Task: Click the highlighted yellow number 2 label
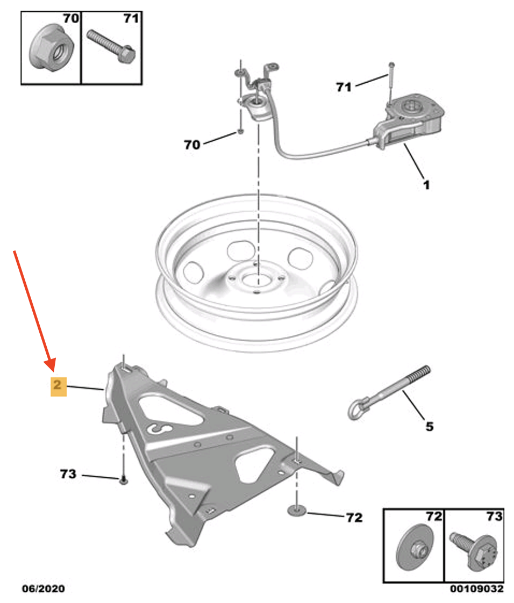[x=59, y=385]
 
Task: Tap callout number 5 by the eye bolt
[x=429, y=427]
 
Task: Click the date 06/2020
[x=43, y=589]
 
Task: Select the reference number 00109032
[x=477, y=589]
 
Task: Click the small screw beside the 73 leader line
[x=123, y=480]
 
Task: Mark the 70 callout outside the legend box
[x=191, y=144]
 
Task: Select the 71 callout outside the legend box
[x=344, y=87]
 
